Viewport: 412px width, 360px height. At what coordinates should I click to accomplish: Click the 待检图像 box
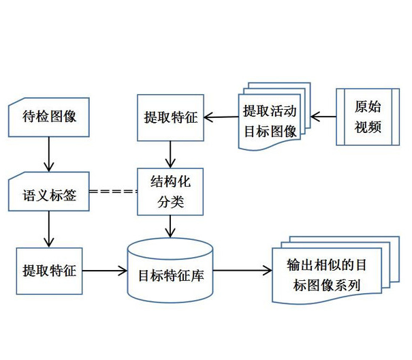(x=48, y=117)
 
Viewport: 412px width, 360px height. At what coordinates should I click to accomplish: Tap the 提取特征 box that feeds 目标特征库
(x=48, y=271)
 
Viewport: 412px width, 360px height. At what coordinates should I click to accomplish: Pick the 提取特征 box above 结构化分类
(x=170, y=117)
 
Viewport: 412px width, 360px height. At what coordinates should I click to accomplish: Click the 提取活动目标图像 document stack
(x=271, y=120)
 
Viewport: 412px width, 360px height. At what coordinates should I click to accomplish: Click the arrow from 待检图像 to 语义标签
(x=48, y=154)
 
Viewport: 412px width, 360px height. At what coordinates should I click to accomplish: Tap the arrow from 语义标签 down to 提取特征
(x=48, y=229)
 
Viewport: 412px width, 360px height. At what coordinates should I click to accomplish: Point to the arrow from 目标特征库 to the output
(x=242, y=271)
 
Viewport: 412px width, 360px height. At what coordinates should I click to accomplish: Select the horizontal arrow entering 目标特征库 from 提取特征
(x=105, y=271)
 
